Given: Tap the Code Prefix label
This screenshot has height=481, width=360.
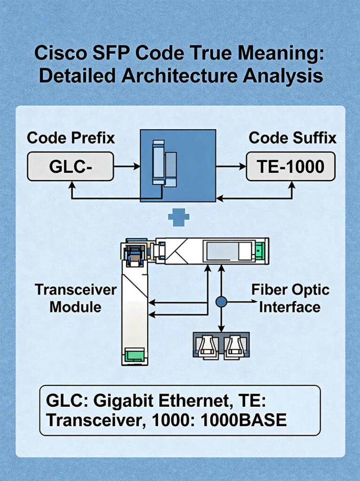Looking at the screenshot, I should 71,138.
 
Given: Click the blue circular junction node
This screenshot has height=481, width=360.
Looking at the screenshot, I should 221,300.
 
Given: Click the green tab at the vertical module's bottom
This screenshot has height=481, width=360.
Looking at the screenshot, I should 134,354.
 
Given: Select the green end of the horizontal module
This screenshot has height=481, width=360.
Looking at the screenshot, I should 260,249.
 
